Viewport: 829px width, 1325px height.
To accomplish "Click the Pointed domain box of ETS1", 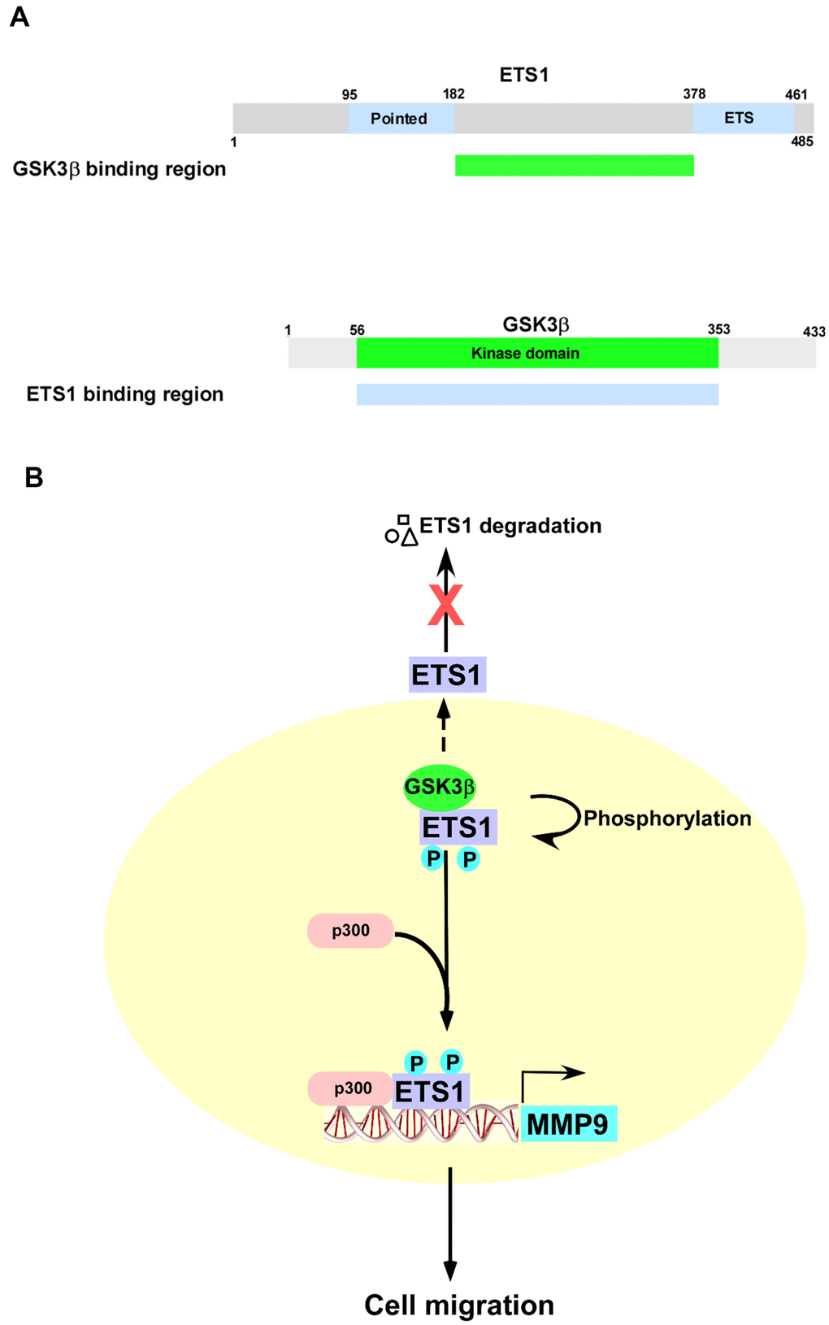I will pos(401,119).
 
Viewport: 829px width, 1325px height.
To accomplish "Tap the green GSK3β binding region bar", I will pos(574,165).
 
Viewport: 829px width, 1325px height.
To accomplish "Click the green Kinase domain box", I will pos(536,354).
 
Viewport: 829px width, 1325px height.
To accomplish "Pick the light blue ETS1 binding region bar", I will pos(536,394).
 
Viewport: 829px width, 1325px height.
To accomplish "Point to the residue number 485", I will pos(801,141).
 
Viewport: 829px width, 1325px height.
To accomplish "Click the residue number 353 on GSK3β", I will pos(718,329).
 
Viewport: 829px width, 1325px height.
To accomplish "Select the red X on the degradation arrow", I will pos(445,606).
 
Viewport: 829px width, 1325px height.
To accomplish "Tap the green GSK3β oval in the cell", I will pos(440,787).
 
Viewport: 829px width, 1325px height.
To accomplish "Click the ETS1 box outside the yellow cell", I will pos(447,675).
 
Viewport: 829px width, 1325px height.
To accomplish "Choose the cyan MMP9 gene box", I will pos(568,1124).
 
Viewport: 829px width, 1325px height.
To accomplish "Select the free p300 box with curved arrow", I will pos(350,931).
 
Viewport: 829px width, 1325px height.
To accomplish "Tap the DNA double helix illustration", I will pos(420,1125).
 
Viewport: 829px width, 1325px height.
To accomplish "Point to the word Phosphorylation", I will pos(667,819).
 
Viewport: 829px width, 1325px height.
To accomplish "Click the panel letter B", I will pos(33,477).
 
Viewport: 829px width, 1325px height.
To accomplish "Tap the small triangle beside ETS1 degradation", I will pos(410,537).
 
